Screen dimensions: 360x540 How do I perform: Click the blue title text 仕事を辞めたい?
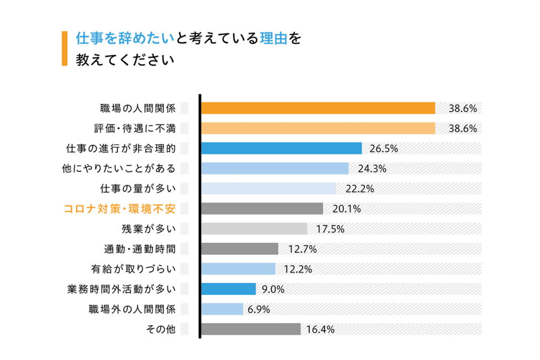pos(124,38)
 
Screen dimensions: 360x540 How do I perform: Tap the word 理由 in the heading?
pos(273,38)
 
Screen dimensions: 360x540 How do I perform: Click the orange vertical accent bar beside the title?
pos(64,48)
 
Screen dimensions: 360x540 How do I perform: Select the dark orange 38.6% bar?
pos(318,108)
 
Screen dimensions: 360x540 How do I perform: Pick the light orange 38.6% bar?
pos(318,128)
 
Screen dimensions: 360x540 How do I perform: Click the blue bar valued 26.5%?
pos(281,148)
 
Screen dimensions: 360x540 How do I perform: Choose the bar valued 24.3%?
pos(275,168)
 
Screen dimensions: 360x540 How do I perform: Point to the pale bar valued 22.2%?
pos(268,188)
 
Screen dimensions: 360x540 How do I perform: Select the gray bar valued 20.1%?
pos(262,209)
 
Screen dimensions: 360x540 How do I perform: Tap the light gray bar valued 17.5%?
pos(254,229)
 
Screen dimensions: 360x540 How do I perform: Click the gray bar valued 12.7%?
pos(239,249)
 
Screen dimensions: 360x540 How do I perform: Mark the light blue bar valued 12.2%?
pos(238,269)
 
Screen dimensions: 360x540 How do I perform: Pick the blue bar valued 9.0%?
pos(228,289)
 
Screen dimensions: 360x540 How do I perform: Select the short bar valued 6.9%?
pos(222,309)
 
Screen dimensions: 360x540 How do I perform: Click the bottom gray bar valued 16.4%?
pos(250,329)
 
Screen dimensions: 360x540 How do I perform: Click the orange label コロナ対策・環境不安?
pos(119,209)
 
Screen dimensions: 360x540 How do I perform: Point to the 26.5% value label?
pos(383,149)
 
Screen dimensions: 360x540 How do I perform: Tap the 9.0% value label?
pos(273,289)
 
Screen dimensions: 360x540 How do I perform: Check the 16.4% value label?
pos(320,329)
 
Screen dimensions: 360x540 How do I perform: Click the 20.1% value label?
pos(346,209)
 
